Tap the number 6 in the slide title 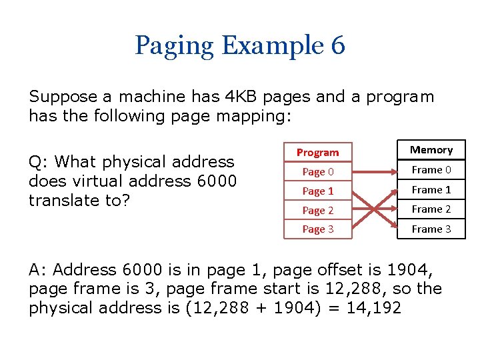[337, 46]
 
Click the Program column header [317, 153]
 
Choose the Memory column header [431, 150]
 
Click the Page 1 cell [317, 191]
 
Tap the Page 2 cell [317, 211]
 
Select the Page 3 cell [317, 229]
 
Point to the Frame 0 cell [431, 170]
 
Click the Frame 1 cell [431, 190]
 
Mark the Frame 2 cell [431, 209]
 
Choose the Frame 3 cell [431, 229]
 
